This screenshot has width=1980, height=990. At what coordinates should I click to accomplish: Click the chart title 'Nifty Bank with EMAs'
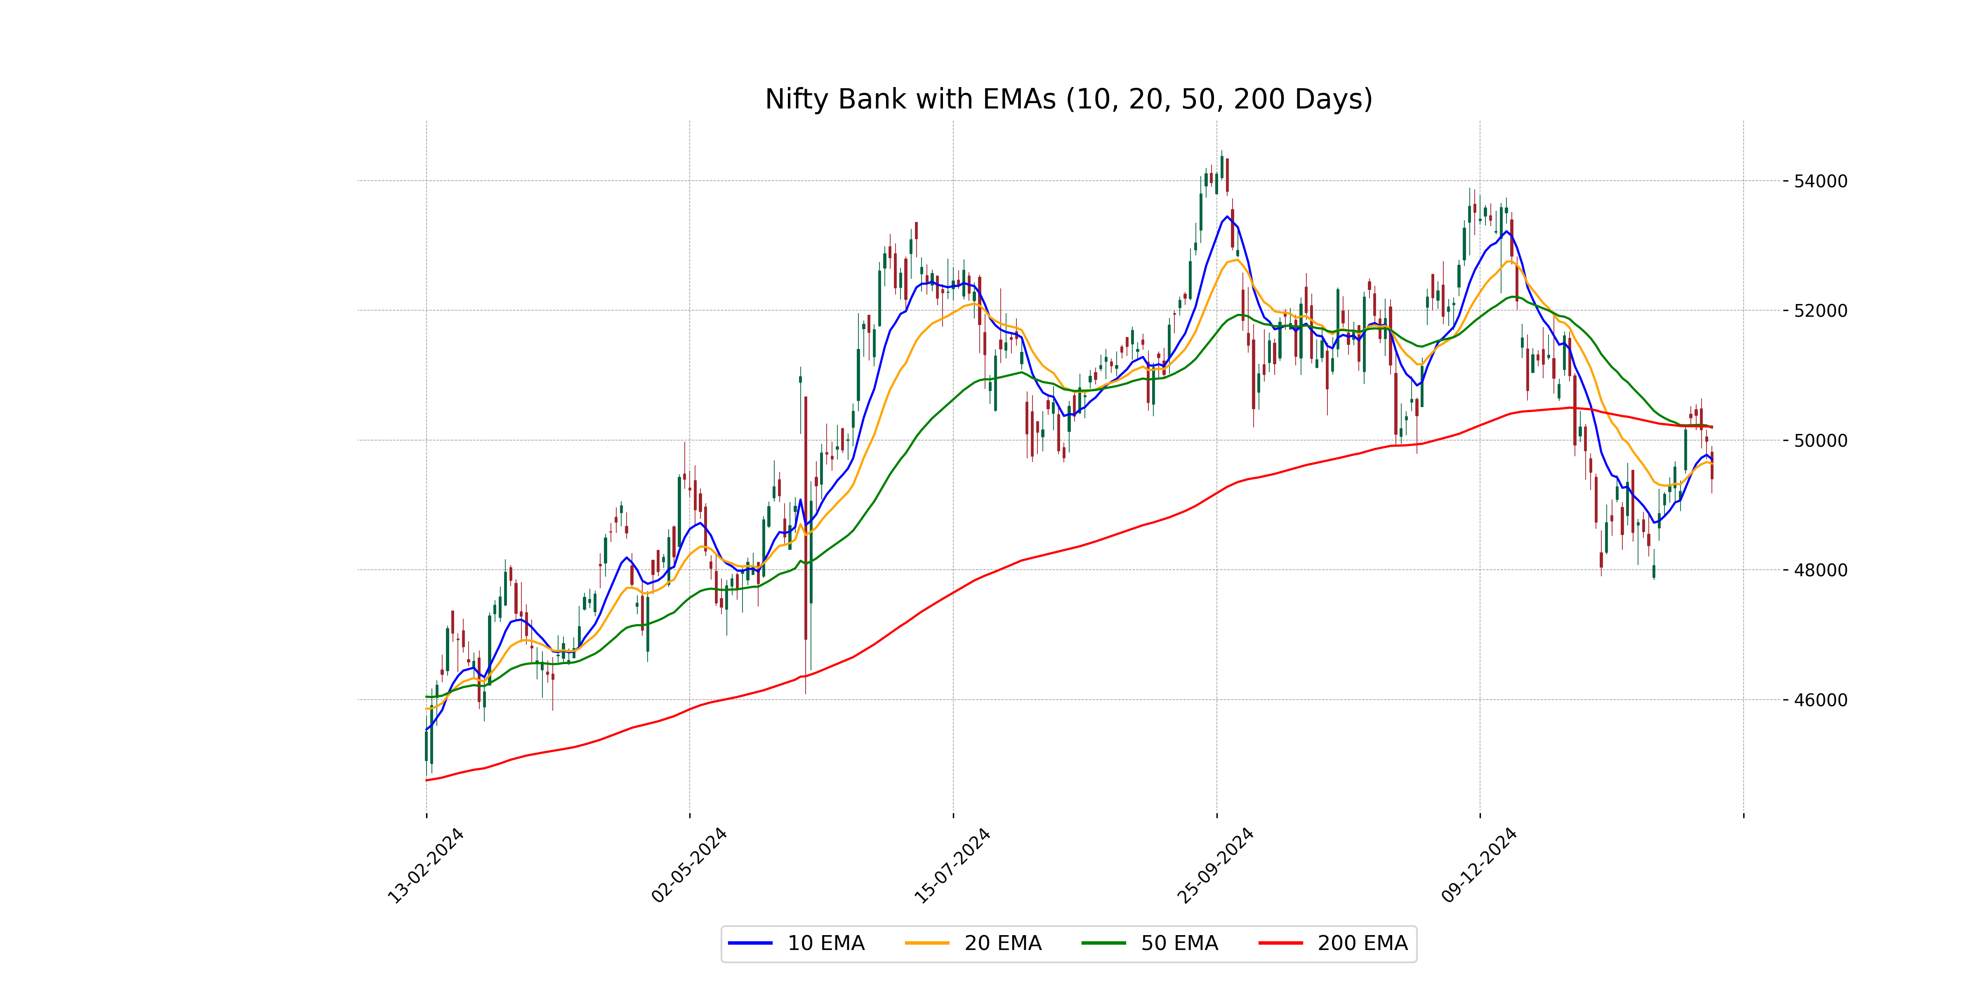click(x=1068, y=99)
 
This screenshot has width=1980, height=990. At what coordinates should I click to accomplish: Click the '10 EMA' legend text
click(x=826, y=943)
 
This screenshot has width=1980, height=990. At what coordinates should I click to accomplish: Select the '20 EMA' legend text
click(x=1003, y=943)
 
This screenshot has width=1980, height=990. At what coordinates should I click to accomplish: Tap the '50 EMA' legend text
click(x=1180, y=943)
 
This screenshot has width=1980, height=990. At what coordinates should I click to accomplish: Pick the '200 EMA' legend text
click(x=1363, y=943)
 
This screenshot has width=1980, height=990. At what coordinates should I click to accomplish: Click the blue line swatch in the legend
click(x=750, y=943)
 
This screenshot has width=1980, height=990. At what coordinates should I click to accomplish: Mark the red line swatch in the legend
click(x=1280, y=943)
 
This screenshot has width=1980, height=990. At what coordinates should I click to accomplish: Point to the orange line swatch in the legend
click(x=927, y=943)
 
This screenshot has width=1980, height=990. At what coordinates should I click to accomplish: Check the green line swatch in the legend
click(x=1104, y=943)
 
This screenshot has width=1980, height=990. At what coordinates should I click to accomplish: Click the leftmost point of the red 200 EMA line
click(x=427, y=780)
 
